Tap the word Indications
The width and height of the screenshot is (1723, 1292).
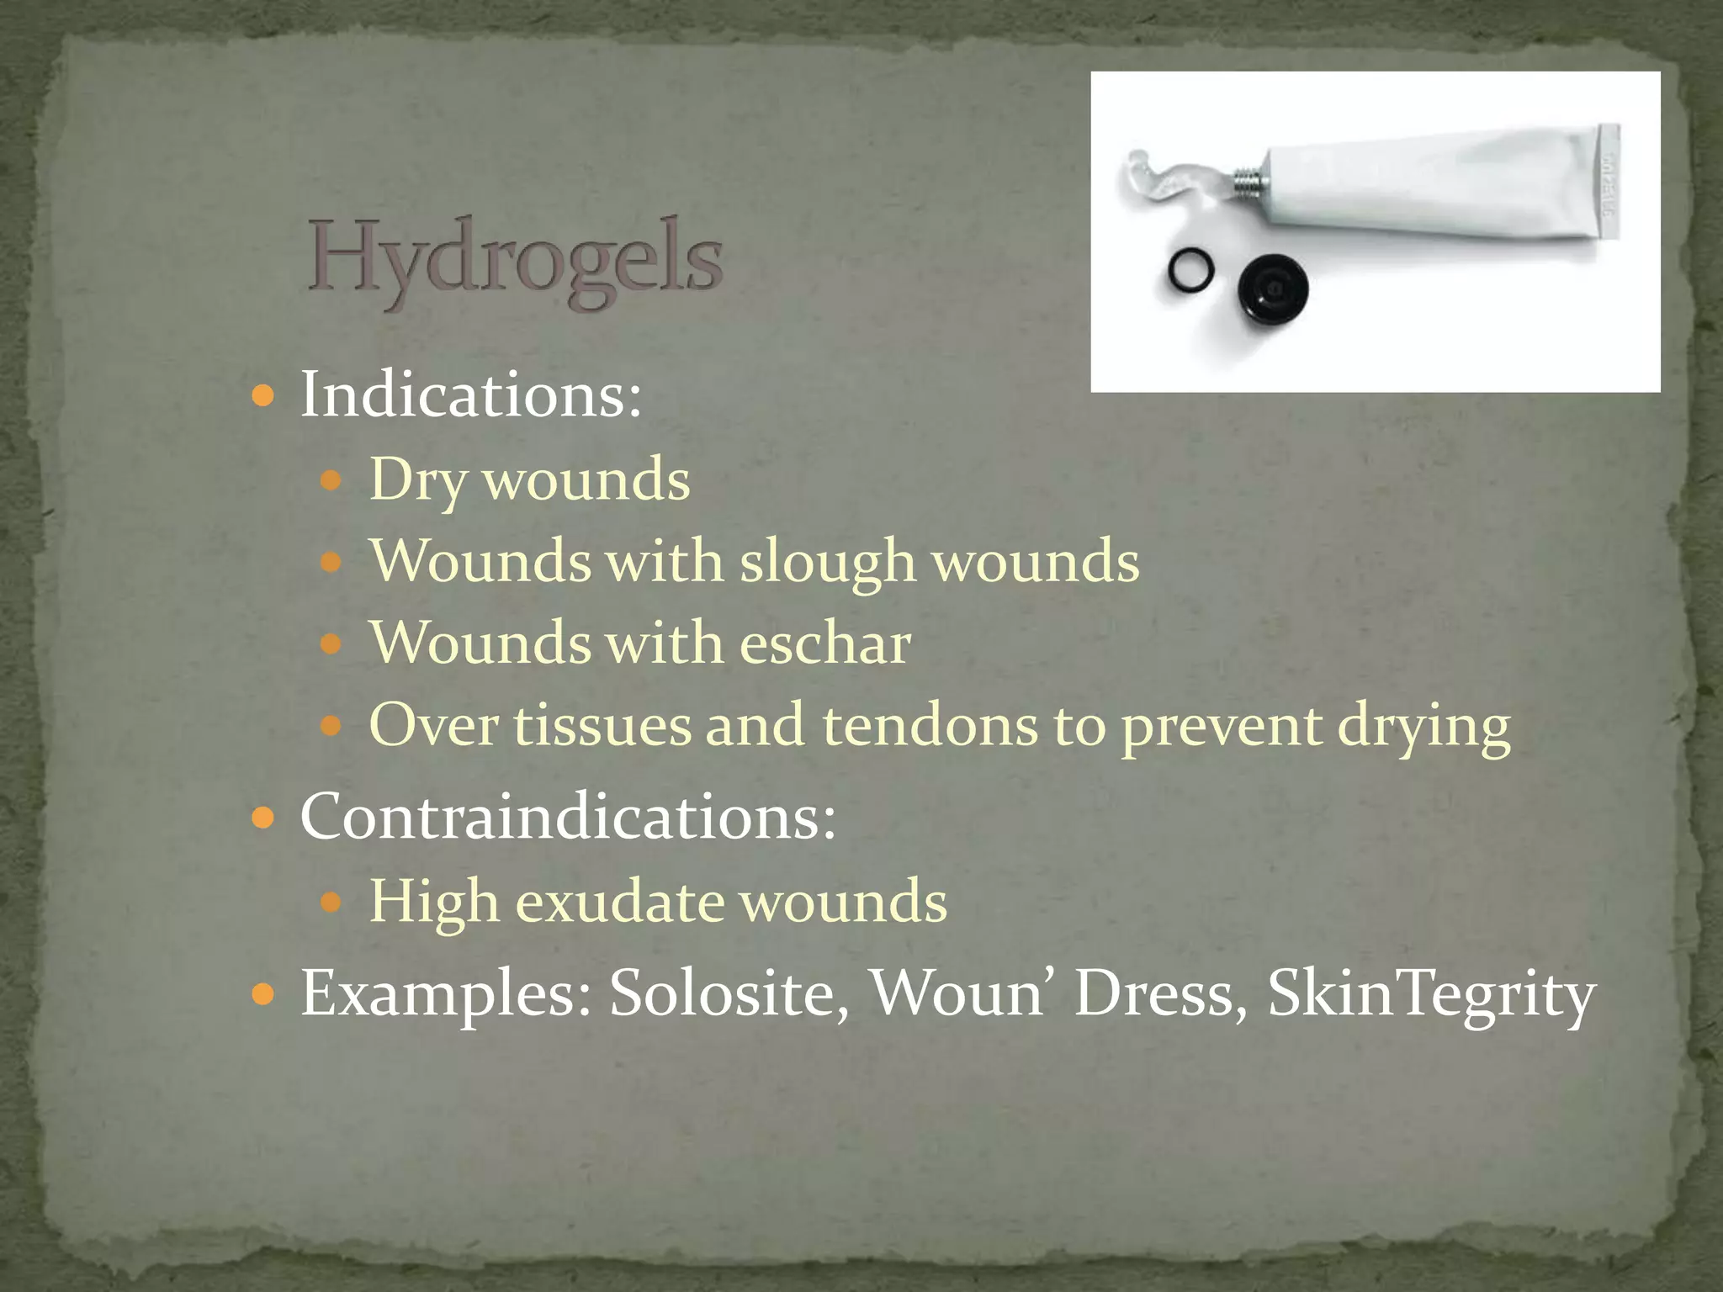pos(469,394)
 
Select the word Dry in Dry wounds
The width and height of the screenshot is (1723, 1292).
pos(417,481)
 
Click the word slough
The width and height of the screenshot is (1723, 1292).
pos(827,562)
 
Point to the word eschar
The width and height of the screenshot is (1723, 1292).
pos(824,643)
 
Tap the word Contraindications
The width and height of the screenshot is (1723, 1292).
pos(567,816)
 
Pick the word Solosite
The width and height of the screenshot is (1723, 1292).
pos(729,993)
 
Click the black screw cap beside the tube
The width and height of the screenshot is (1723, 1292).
pos(1273,289)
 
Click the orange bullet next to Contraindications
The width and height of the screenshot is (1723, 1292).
pos(263,817)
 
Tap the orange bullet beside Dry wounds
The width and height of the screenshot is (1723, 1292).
pos(332,481)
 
